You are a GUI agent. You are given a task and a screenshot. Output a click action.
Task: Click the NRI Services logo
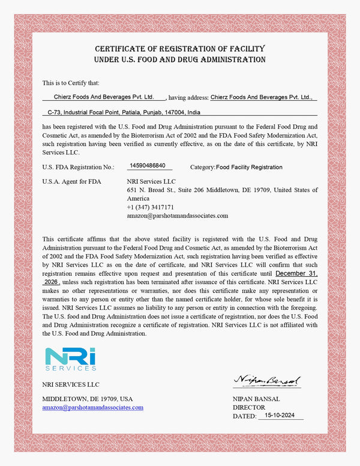pos(70,359)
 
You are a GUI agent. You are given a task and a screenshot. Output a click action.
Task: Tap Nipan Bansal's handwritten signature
pos(267,381)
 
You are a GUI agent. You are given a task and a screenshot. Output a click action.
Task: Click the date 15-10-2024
pos(280,415)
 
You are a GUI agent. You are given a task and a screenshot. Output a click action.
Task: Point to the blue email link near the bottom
pos(92,407)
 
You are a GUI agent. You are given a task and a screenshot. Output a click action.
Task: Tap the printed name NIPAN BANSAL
pos(256,399)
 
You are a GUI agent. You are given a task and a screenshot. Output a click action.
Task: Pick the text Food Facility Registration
pos(249,167)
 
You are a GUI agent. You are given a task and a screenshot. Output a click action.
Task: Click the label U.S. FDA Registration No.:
pos(78,167)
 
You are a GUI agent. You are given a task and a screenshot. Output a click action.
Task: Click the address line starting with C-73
pos(124,112)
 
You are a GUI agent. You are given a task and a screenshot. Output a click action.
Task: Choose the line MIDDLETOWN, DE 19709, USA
pos(87,399)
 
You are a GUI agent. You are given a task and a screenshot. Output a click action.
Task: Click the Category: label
pos(202,167)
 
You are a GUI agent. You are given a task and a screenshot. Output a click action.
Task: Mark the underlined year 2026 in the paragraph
pos(52,281)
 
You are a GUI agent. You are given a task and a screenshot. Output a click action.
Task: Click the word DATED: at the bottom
pos(244,416)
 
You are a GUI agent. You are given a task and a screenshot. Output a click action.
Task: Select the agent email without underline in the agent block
pos(178,215)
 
